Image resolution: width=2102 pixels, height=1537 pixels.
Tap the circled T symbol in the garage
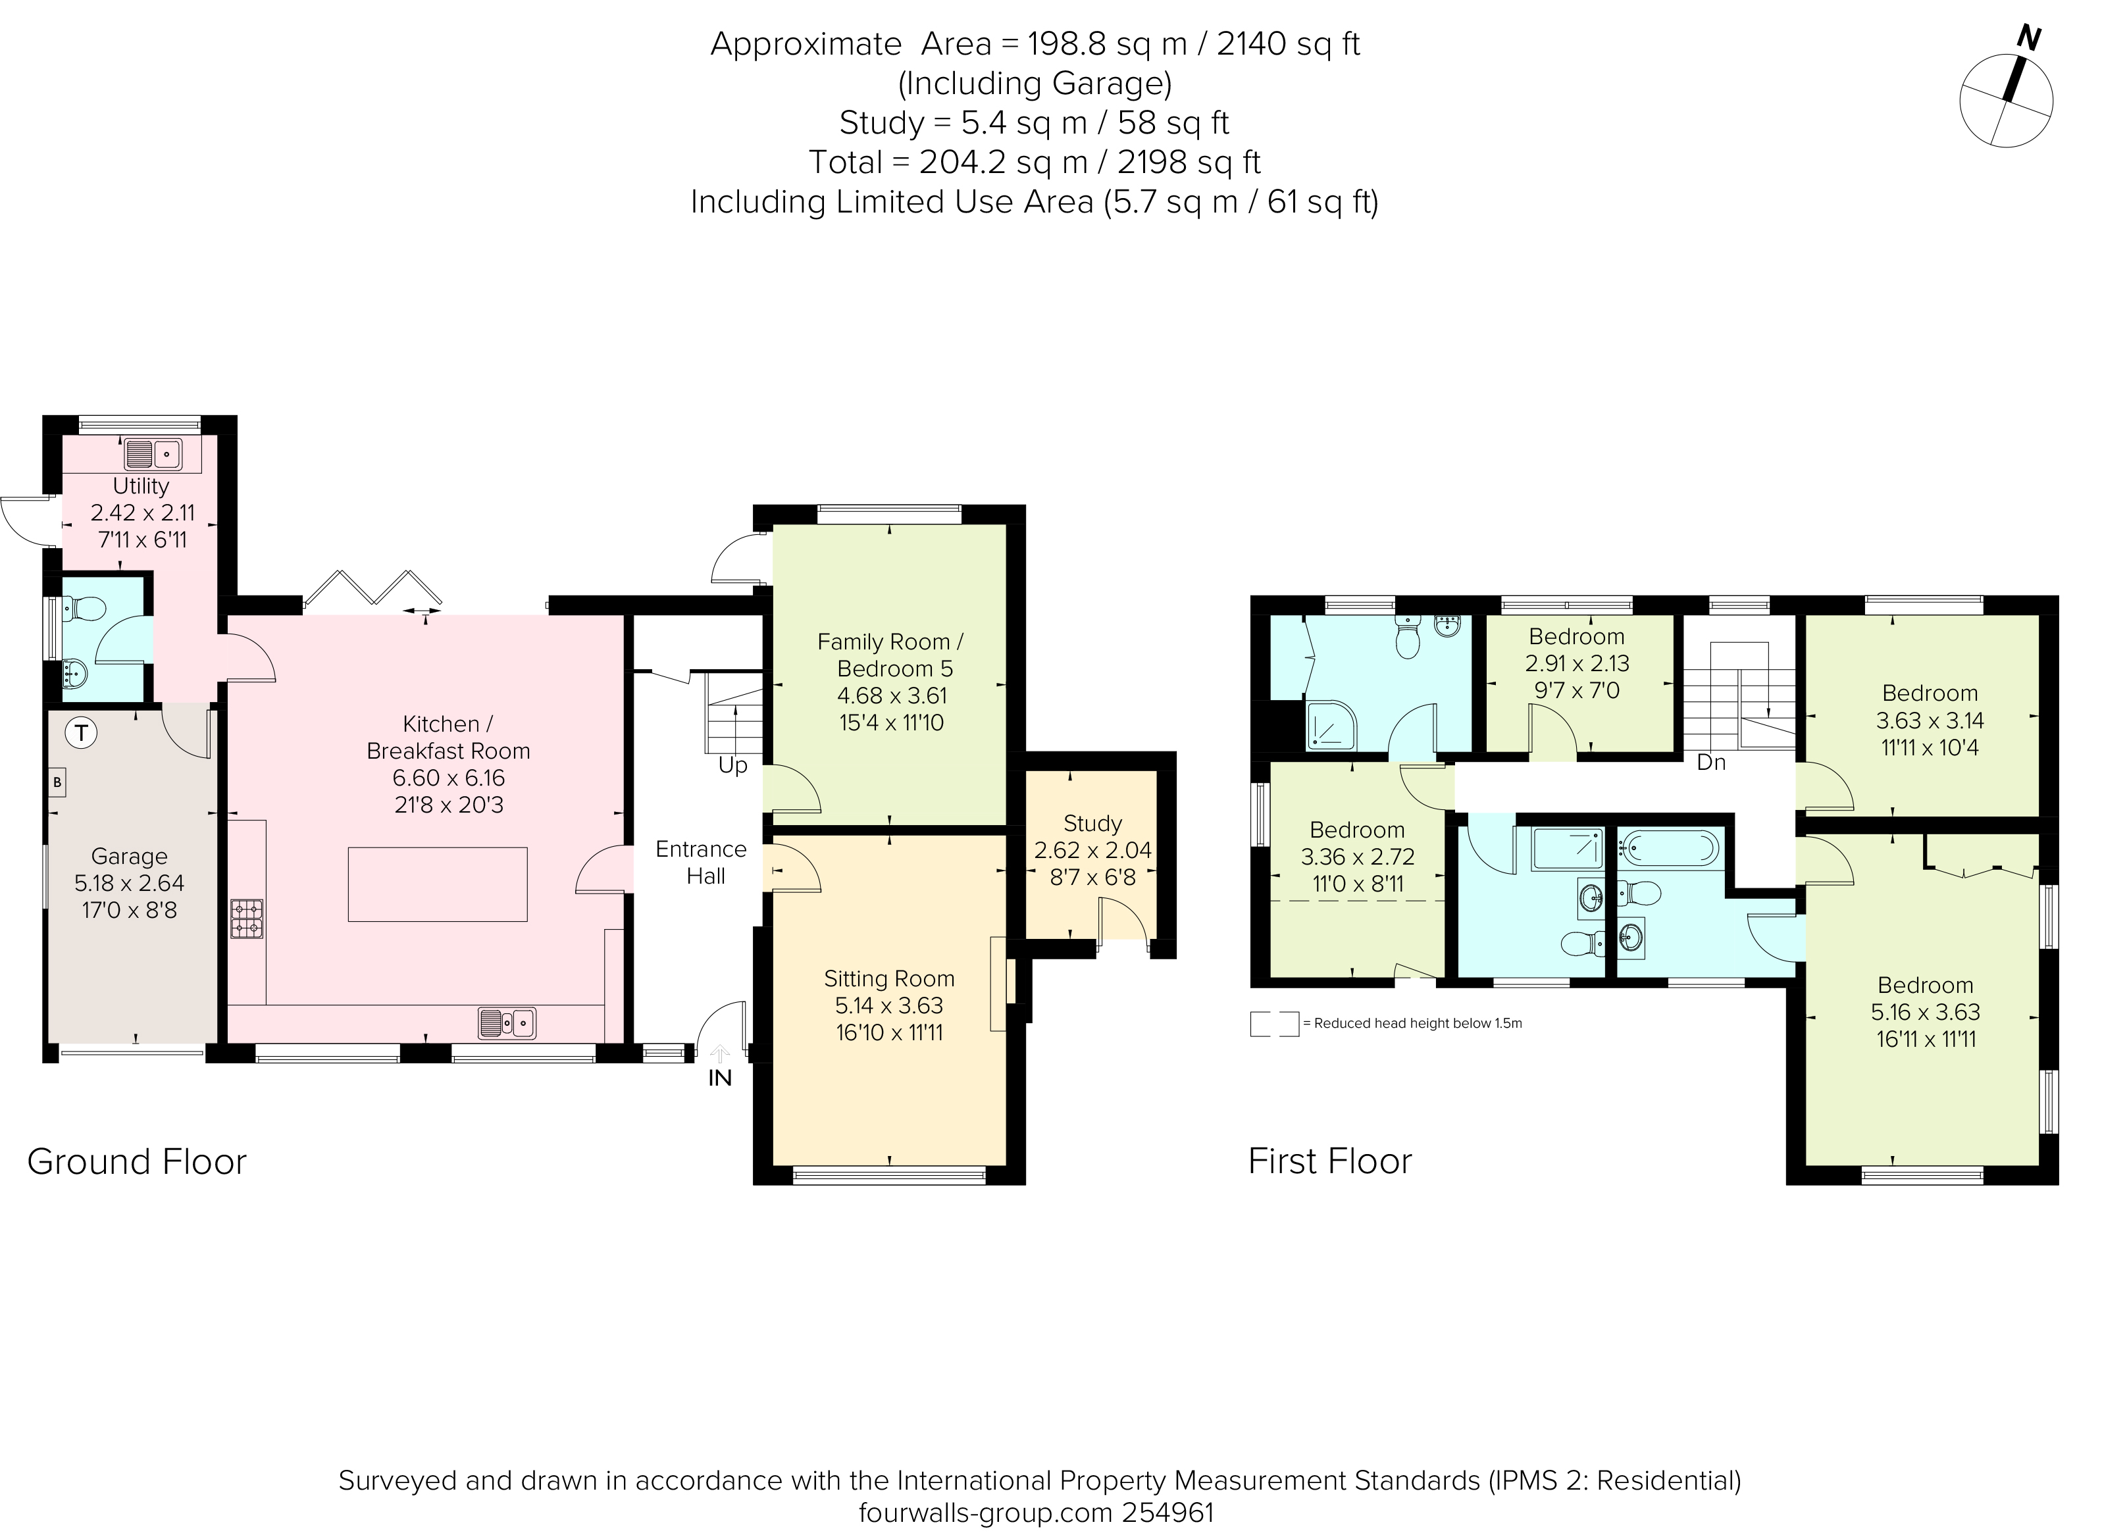[x=82, y=733]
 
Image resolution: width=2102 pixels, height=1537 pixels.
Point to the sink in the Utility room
[x=153, y=454]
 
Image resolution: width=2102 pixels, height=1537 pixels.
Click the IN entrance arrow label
[x=720, y=1077]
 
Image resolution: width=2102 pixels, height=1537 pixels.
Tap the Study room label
[x=1092, y=823]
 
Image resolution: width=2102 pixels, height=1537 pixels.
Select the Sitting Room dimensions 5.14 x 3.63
[x=888, y=1006]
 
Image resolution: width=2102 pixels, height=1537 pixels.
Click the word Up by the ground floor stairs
[x=732, y=766]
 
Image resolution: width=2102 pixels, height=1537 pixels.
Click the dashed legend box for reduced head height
[x=1274, y=1023]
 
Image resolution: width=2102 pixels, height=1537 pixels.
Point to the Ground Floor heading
[x=137, y=1161]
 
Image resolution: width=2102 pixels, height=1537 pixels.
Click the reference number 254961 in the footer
[x=1167, y=1513]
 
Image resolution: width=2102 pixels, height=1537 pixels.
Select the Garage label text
[x=130, y=856]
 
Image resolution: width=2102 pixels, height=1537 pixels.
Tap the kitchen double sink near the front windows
[x=507, y=1022]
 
